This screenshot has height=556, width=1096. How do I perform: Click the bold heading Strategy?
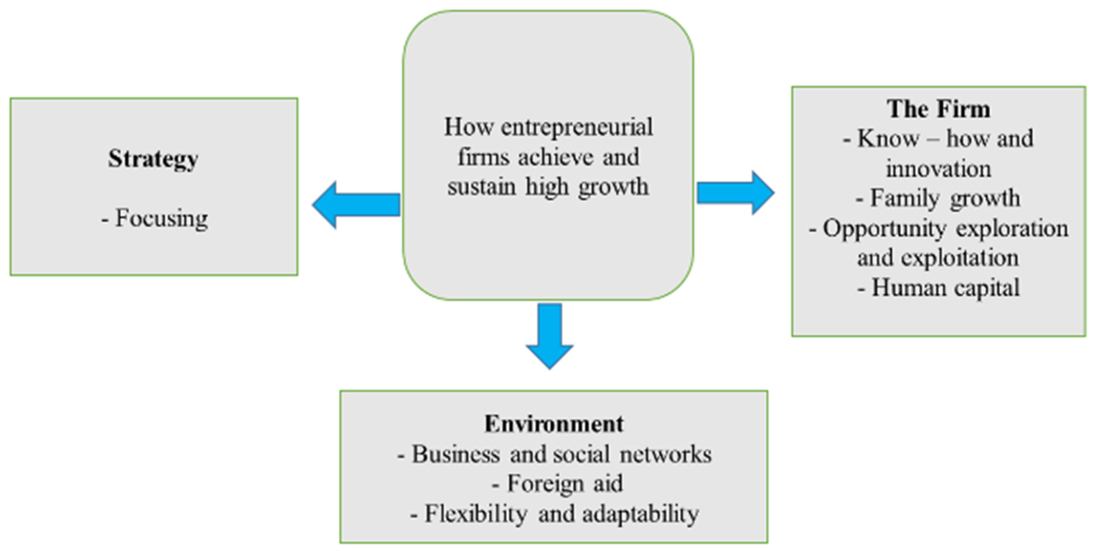coord(153,159)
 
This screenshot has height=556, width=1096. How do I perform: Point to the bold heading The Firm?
coord(939,109)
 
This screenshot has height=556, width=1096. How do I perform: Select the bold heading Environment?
coord(554,424)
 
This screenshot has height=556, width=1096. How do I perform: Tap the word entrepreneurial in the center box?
coord(577,127)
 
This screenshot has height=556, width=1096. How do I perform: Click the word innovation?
coord(939,169)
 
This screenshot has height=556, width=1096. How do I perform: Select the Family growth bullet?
coord(939,198)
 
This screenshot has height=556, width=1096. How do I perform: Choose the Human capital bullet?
coord(939,288)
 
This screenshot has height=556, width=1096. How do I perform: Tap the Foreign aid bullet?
coord(557,484)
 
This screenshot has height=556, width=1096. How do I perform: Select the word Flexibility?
coord(476,514)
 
